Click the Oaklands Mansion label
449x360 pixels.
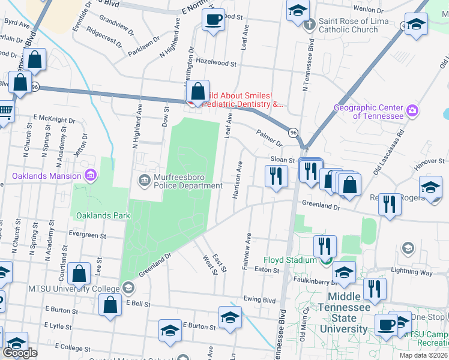tap(46, 176)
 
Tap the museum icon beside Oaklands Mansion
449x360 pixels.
tap(90, 176)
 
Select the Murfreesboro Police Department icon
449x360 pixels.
tap(144, 179)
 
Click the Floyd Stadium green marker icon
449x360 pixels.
tap(326, 260)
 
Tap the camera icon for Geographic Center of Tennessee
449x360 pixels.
tap(412, 111)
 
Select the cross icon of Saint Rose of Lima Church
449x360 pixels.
tap(309, 25)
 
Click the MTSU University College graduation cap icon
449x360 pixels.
tap(128, 287)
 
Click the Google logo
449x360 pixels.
tap(20, 352)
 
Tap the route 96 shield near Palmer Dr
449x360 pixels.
tap(293, 132)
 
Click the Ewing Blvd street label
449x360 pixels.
tap(259, 299)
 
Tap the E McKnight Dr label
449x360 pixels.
tap(54, 119)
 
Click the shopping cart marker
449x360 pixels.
tap(5, 112)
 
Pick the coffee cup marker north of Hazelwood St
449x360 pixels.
tap(212, 20)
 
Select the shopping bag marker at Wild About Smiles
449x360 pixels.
tap(197, 92)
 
